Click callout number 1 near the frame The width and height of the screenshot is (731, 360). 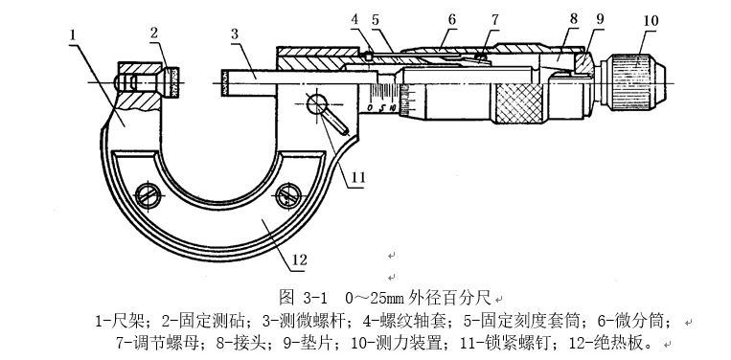(73, 34)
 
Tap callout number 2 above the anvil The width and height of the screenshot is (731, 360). (154, 33)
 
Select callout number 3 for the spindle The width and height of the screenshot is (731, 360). (235, 34)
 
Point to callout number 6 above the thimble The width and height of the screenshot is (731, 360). (451, 19)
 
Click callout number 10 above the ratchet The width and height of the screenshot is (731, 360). (651, 21)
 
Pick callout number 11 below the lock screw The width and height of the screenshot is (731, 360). (358, 178)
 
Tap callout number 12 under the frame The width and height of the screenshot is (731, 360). (299, 259)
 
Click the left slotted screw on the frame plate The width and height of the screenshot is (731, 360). (148, 196)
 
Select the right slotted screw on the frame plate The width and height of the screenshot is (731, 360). (288, 196)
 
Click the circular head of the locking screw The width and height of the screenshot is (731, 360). (317, 103)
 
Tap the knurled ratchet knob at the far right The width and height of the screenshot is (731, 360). (633, 82)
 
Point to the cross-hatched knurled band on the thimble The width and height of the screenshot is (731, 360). (519, 103)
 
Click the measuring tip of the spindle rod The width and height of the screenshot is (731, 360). (225, 83)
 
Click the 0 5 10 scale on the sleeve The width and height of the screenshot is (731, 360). (382, 108)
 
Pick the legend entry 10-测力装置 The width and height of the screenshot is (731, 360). (397, 344)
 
